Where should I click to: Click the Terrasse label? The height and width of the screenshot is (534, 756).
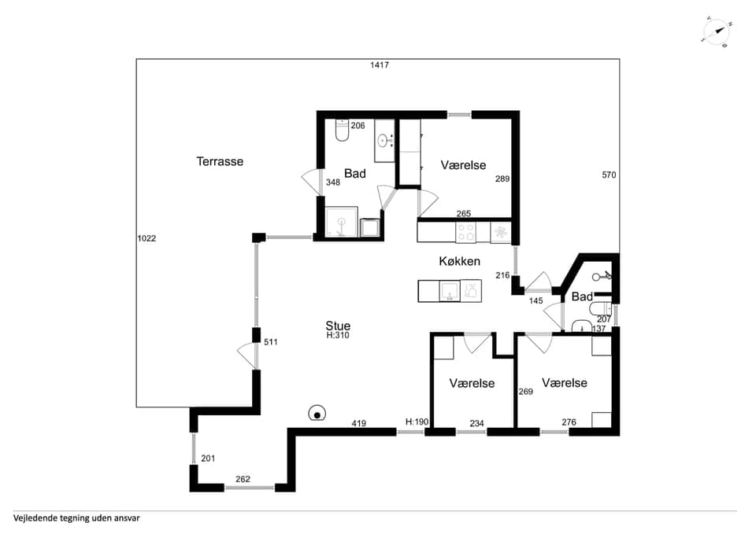tap(220, 161)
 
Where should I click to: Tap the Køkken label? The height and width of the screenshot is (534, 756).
tap(459, 261)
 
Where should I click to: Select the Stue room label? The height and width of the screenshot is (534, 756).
tap(338, 326)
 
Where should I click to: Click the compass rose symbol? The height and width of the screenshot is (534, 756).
tap(717, 32)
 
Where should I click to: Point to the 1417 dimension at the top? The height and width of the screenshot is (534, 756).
tap(380, 65)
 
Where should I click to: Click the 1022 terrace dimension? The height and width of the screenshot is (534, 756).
tap(146, 238)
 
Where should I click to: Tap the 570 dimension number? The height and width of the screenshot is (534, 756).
tap(609, 175)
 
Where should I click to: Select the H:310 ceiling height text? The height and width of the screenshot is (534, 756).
tap(338, 336)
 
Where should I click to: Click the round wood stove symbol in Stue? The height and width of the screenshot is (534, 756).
tap(317, 413)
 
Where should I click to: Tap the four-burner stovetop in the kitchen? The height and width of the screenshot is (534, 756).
tap(465, 232)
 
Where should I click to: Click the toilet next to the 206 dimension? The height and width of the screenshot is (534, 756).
tap(342, 130)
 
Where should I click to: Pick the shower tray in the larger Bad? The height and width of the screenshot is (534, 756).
tap(342, 222)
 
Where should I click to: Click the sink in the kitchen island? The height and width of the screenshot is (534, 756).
tap(450, 291)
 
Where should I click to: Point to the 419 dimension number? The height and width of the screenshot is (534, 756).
tap(359, 424)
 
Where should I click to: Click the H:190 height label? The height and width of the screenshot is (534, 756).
tap(417, 422)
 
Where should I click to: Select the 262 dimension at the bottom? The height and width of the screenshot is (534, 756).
tap(243, 480)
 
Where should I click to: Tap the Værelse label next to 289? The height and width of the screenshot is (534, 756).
tap(463, 165)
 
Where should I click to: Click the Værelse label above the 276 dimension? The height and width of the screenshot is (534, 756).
tap(565, 383)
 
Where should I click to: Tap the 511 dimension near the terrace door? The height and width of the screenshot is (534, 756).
tap(271, 342)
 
